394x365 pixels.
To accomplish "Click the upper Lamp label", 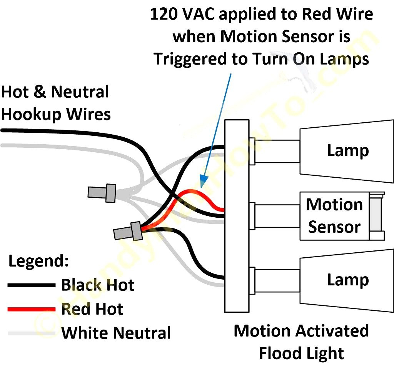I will pos(348,150).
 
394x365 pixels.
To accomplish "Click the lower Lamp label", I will pos(348,280).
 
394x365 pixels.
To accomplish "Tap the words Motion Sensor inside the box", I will pos(334,216).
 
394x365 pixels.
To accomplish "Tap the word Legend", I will pos(38,261).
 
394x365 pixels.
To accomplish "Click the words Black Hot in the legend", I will pos(98,285).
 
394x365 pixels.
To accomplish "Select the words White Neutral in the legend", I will pos(116,333).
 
